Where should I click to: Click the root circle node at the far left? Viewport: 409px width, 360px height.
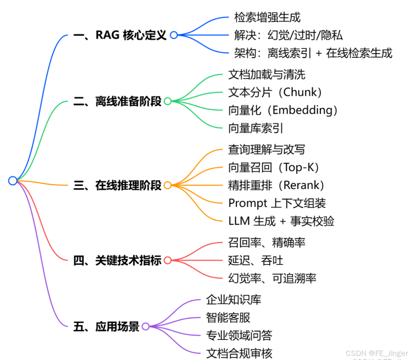13,181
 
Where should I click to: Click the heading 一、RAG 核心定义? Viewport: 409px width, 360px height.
120,35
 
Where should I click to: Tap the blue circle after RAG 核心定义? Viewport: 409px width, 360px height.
174,35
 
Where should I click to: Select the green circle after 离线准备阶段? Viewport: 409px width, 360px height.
167,101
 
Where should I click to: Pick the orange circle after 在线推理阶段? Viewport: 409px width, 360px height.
167,185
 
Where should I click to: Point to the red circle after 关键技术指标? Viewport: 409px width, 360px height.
167,260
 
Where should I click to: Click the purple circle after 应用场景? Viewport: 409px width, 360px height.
145,326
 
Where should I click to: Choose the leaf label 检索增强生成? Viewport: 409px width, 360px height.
267,17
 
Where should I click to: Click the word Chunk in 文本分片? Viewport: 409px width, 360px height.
300,92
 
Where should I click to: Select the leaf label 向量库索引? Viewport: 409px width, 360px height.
255,128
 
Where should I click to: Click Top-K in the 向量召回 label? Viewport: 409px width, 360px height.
299,167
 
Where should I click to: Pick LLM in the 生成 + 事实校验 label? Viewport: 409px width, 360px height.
239,221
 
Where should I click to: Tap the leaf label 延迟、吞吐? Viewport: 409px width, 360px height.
255,260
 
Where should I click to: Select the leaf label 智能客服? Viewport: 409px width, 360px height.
228,318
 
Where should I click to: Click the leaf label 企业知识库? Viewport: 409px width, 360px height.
234,300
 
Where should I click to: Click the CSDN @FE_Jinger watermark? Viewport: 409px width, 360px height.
377,353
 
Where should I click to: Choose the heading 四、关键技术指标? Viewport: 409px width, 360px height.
117,260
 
